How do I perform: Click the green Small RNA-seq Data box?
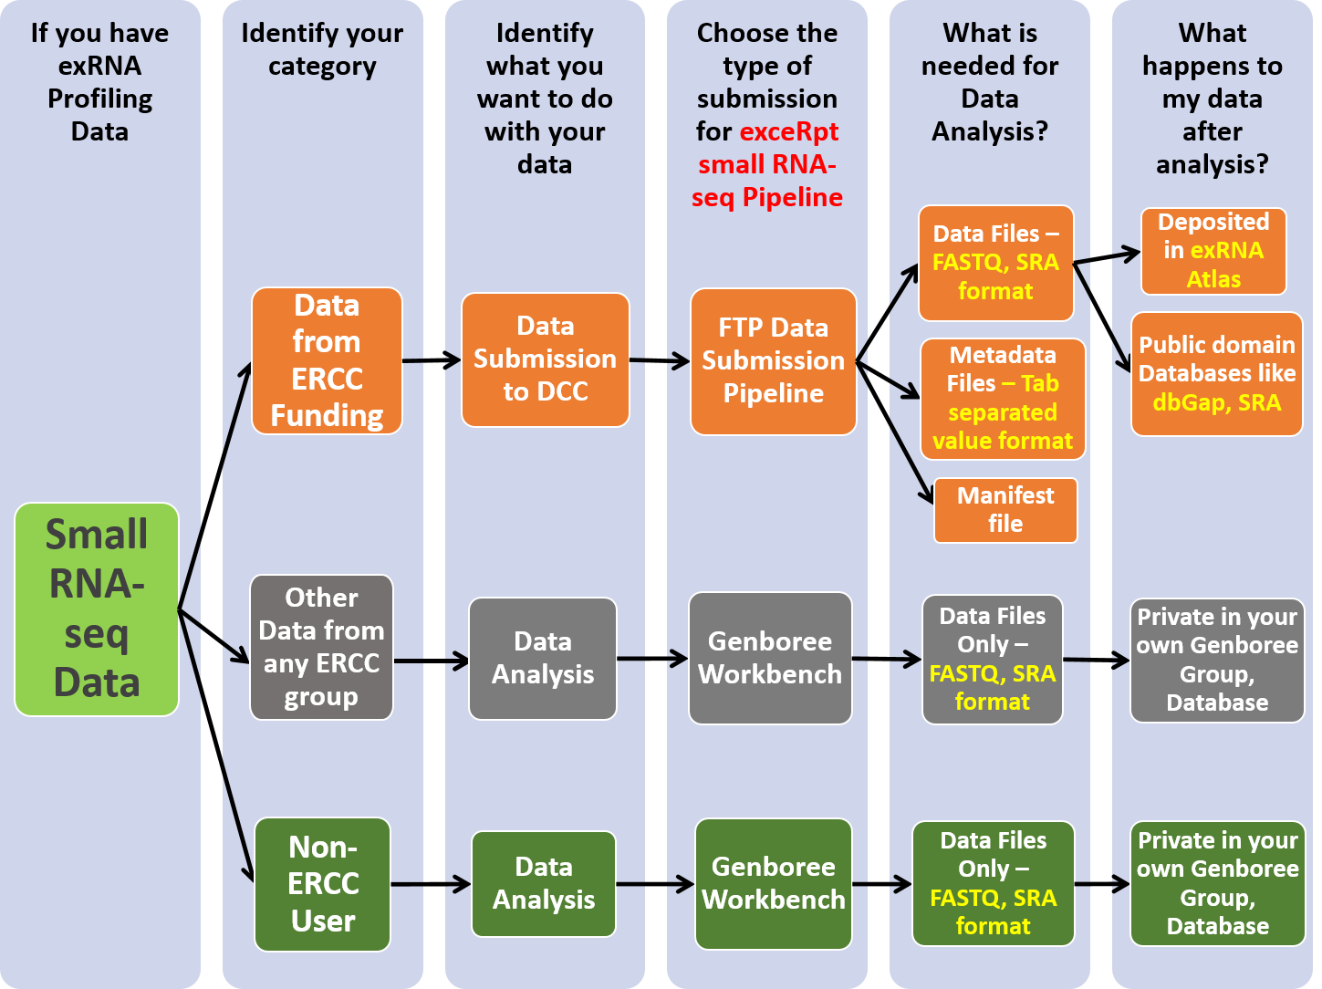click(x=97, y=609)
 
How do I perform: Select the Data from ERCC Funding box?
click(x=327, y=360)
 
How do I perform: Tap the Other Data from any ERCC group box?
click(x=321, y=647)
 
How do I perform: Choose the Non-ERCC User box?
click(x=323, y=883)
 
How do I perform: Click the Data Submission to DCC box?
click(x=545, y=359)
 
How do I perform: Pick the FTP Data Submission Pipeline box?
click(x=773, y=360)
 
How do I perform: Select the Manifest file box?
click(x=1005, y=509)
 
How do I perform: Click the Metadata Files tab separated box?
click(x=1003, y=398)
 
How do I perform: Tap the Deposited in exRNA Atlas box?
click(x=1213, y=251)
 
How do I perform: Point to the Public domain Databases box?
click(x=1216, y=373)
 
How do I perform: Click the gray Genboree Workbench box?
click(x=770, y=658)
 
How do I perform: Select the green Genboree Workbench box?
click(x=773, y=883)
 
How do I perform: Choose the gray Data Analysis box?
click(x=543, y=658)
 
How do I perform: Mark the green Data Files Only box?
click(x=993, y=883)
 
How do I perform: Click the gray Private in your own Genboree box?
click(x=1217, y=659)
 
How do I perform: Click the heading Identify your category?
click(x=322, y=49)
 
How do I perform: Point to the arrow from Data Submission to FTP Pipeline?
click(x=660, y=360)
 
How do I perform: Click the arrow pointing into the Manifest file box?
click(x=912, y=465)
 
